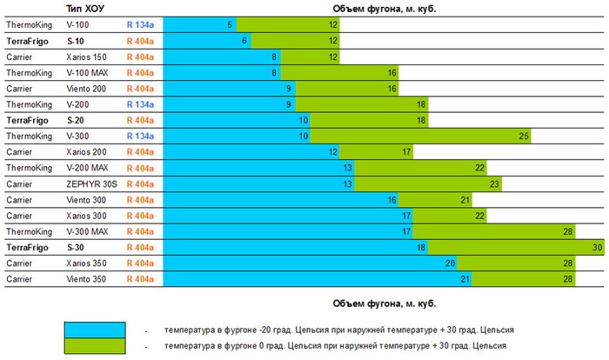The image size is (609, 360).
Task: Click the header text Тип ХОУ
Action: [x=86, y=9]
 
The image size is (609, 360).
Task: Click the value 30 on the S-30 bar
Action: [x=598, y=248]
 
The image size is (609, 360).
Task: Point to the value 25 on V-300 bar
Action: [x=524, y=137]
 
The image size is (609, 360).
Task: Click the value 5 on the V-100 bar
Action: [x=230, y=25]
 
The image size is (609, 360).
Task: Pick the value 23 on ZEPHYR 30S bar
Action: [x=494, y=184]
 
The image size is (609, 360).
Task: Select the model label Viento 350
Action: [x=87, y=279]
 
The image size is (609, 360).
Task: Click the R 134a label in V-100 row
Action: [x=139, y=25]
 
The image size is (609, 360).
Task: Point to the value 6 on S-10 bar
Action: [x=245, y=41]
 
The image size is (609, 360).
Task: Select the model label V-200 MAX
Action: [x=87, y=168]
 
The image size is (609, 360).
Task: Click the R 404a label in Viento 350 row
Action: [x=139, y=279]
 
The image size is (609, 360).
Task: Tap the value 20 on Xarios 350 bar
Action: [x=450, y=263]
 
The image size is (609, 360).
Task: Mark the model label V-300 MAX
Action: [x=87, y=232]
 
